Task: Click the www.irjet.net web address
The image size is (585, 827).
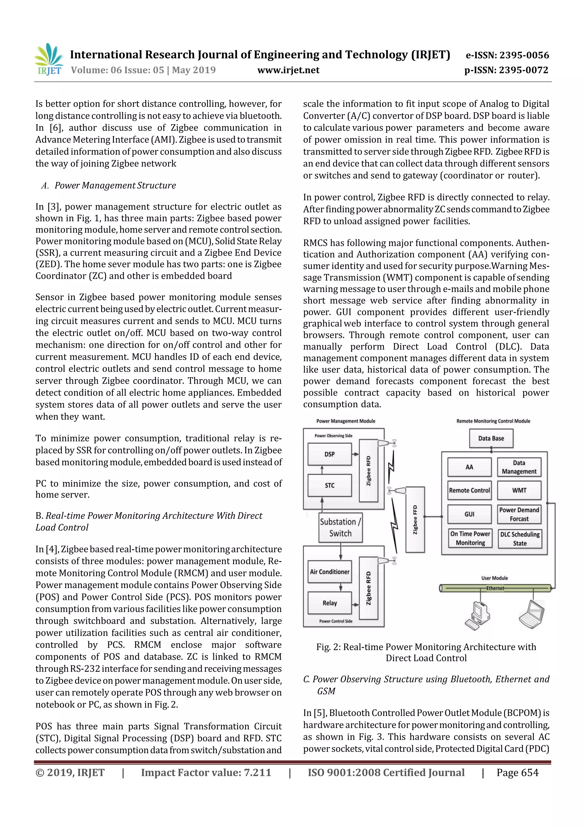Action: (x=288, y=70)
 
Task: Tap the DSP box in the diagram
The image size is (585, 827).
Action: (x=329, y=454)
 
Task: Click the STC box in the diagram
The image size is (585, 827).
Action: (x=329, y=485)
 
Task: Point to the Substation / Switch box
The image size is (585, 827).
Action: (x=340, y=528)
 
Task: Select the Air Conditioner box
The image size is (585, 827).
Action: (x=329, y=572)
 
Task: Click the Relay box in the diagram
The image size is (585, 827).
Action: (x=329, y=603)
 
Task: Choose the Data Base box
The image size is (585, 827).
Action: (x=491, y=438)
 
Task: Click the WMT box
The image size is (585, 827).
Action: (x=519, y=490)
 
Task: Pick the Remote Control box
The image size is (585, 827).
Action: (x=469, y=490)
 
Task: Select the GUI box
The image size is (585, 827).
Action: (x=469, y=514)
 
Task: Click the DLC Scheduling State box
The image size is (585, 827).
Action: (x=520, y=538)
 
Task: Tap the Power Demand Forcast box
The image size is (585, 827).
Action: (x=519, y=514)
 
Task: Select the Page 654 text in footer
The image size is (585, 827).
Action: (x=517, y=772)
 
